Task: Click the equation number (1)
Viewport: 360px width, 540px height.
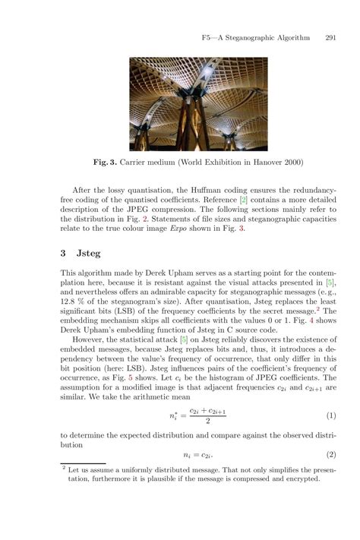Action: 330,415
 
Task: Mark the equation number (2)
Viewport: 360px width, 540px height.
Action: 330,455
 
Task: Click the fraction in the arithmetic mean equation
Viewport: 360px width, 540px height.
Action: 208,415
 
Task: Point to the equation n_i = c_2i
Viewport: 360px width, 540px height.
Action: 196,455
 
